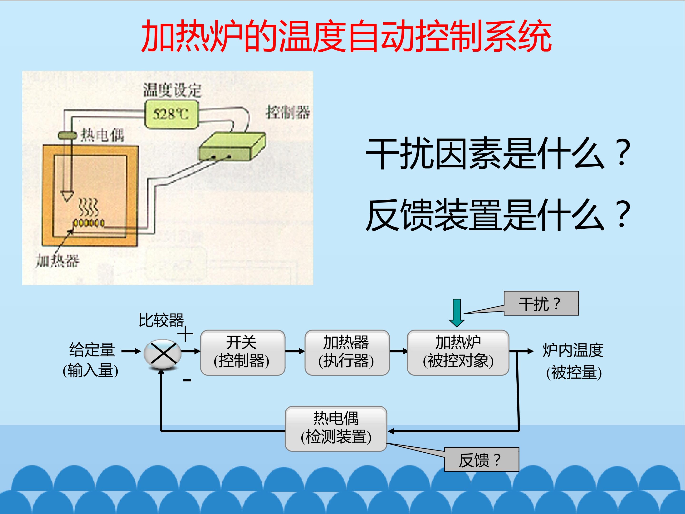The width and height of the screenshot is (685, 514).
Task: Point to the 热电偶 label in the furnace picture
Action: point(102,136)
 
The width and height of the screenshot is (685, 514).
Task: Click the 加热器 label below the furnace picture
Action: point(57,261)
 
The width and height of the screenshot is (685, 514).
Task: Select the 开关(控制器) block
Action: point(243,353)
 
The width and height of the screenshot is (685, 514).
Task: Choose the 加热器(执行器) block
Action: point(347,353)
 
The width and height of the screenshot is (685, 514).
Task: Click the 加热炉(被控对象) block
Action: point(458,353)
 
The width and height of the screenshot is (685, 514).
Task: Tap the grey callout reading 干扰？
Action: point(541,303)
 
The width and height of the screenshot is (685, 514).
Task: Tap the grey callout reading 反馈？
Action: point(482,460)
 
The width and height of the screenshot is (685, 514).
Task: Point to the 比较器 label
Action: point(161,320)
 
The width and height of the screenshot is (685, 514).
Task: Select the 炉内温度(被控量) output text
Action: point(573,361)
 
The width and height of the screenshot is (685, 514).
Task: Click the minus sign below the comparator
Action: point(187,380)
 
